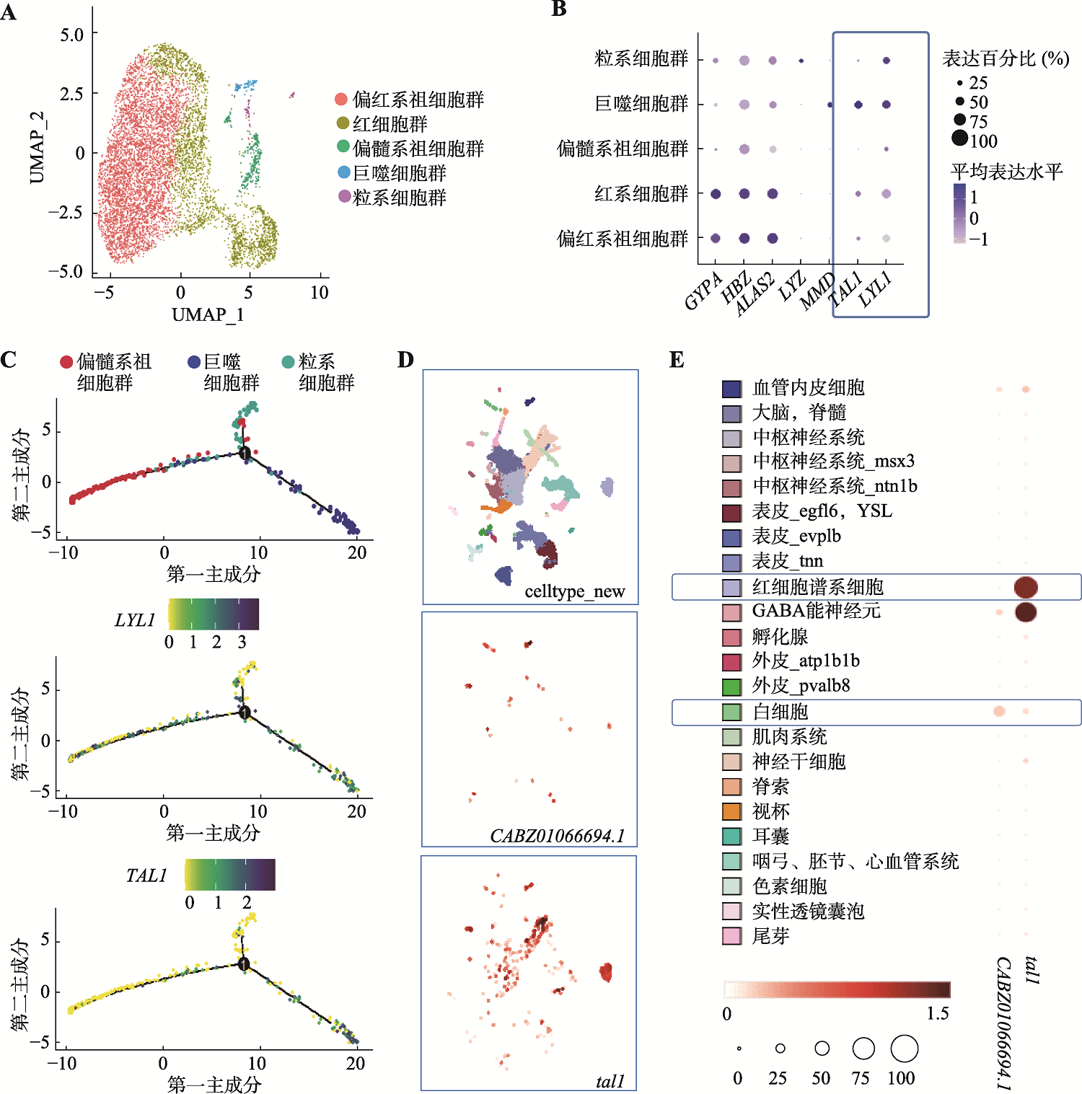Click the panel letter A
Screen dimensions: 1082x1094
point(9,12)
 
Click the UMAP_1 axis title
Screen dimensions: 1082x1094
point(208,314)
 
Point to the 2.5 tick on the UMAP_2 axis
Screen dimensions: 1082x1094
point(72,94)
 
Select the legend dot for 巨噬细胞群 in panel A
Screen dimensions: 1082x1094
point(344,172)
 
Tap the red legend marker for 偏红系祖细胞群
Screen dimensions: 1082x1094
point(342,99)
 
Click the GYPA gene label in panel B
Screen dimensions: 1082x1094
point(703,291)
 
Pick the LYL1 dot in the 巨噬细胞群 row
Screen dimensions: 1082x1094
point(887,105)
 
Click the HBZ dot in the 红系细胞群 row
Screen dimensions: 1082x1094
point(744,193)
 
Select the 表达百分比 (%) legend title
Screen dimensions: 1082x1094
point(1006,58)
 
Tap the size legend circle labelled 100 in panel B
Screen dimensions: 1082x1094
point(959,138)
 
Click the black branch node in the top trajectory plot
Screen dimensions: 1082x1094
point(245,453)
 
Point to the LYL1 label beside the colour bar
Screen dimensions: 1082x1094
point(135,620)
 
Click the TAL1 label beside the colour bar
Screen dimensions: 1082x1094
point(146,875)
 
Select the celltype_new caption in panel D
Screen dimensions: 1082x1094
point(575,591)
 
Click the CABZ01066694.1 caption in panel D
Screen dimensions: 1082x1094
point(558,836)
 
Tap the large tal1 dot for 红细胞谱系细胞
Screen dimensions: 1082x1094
point(1026,587)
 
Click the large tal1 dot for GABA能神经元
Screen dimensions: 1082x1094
point(1026,612)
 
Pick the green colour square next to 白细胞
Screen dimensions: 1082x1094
point(731,712)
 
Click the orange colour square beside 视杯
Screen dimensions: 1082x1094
point(731,811)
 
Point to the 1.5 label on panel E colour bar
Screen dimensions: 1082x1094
point(938,1013)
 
